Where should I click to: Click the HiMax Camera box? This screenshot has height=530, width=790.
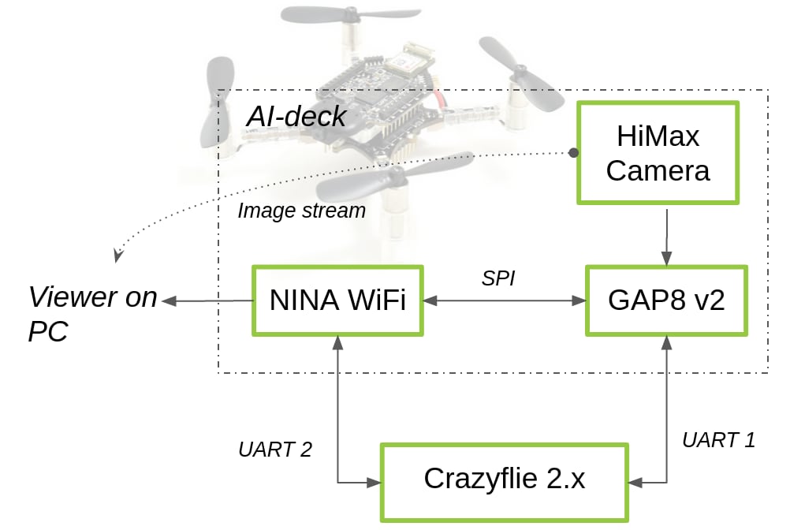click(658, 153)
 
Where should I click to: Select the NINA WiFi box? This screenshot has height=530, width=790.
click(337, 300)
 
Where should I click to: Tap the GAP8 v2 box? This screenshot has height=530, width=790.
click(666, 300)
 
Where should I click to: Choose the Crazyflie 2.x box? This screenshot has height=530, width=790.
click(505, 480)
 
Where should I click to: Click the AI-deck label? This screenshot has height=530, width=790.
click(296, 117)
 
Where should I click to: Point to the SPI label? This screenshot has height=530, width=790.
click(497, 278)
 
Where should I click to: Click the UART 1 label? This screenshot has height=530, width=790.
click(718, 440)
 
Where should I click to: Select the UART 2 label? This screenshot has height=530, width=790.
click(274, 450)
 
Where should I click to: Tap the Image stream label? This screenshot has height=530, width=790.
click(301, 211)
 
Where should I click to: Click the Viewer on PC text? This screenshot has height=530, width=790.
click(91, 314)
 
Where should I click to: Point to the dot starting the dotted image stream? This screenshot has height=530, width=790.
click(573, 151)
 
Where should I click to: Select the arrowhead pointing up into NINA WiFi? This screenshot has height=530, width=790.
click(337, 341)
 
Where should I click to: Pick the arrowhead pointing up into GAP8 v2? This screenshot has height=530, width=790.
click(667, 341)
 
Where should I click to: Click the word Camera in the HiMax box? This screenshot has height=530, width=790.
click(658, 170)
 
